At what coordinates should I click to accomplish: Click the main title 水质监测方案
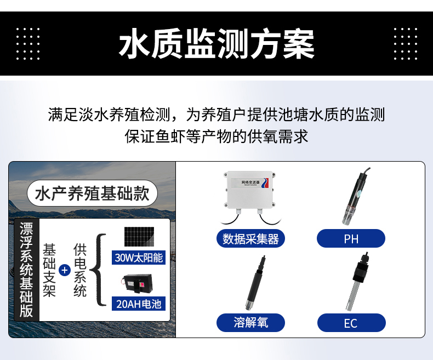[x=216, y=44]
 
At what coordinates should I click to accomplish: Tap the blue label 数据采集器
[x=250, y=239]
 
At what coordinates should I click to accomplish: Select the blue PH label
[x=351, y=239]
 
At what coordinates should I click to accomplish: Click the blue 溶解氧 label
[x=250, y=322]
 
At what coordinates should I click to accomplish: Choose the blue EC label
[x=351, y=323]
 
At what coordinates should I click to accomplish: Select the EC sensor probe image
[x=352, y=282]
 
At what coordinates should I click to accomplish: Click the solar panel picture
[x=138, y=237]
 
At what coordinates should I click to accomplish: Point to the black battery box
[x=138, y=284]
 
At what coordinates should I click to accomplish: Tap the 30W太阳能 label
[x=139, y=257]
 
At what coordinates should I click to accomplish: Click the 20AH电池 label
[x=139, y=304]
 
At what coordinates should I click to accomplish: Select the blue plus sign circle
[x=65, y=270]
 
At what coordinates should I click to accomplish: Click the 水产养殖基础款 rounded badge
[x=92, y=193]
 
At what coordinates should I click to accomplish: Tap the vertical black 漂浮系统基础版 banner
[x=26, y=270]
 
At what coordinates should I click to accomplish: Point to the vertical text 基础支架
[x=49, y=270]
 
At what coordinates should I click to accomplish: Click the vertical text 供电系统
[x=80, y=270]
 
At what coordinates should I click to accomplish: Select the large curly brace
[x=99, y=270]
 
